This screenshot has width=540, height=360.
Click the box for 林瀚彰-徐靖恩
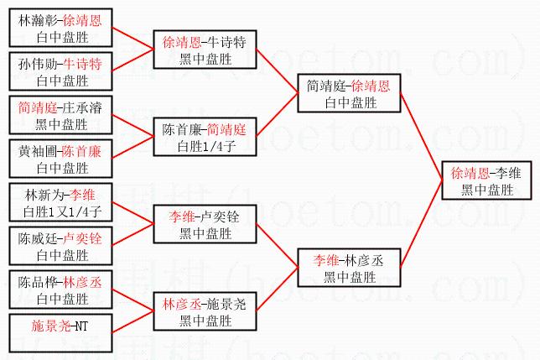coord(59,27)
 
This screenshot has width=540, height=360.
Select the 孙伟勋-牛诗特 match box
coord(59,71)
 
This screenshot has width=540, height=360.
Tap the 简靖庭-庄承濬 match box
coord(59,115)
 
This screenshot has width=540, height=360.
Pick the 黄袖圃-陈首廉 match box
coord(59,159)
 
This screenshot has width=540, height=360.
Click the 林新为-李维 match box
coord(59,202)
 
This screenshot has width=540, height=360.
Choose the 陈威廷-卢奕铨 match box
coord(59,246)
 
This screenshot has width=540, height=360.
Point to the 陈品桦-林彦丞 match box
coord(59,290)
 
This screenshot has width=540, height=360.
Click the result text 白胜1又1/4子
coord(59,211)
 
